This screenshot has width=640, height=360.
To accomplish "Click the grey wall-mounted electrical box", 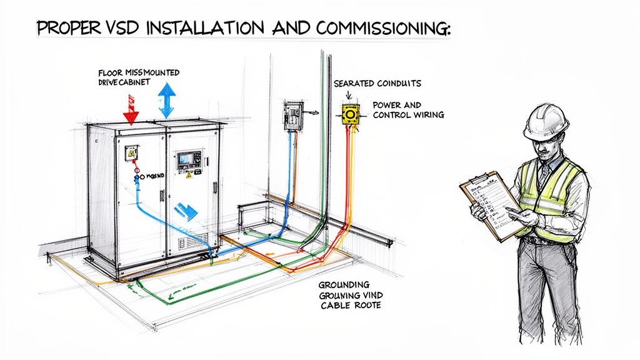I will click(292, 116).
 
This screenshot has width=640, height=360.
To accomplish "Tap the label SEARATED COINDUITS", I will click(368, 83).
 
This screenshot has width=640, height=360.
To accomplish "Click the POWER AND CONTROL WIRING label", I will click(407, 110).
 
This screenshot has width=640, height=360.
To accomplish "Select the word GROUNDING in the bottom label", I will click(344, 284).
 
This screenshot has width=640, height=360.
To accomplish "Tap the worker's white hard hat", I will click(546, 122).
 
